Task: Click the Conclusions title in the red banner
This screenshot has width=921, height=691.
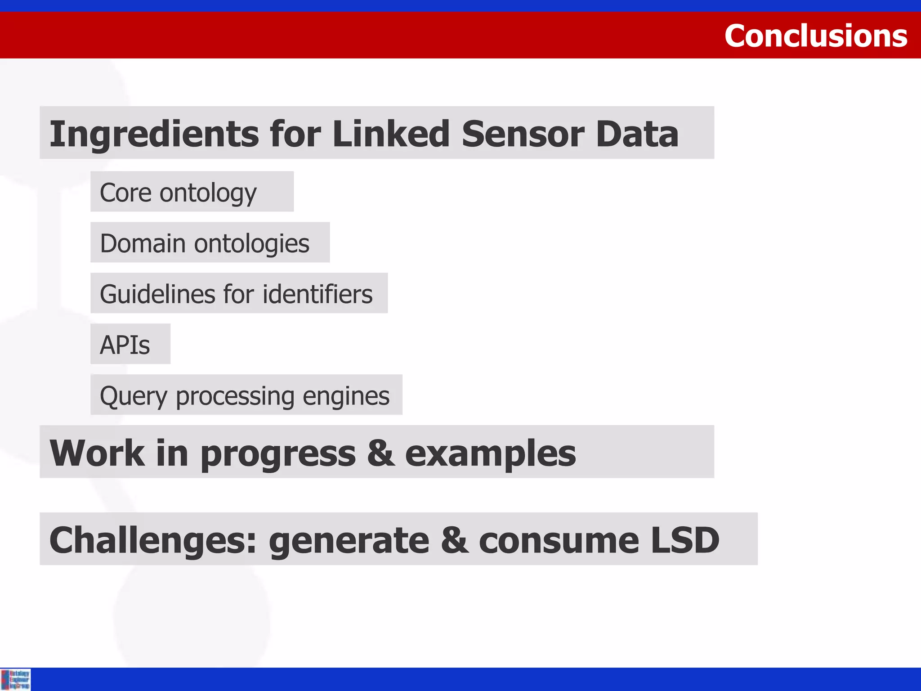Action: [x=815, y=36]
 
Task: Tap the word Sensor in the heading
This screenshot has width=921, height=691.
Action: [x=523, y=134]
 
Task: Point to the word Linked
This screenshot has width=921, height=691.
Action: [x=391, y=134]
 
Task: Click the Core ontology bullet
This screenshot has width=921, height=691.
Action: [x=178, y=193]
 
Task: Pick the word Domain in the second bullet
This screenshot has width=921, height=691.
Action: [x=143, y=243]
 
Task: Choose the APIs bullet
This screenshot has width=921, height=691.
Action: [x=125, y=345]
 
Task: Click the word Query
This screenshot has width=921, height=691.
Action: [x=133, y=396]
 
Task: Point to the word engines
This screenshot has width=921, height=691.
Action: [x=346, y=396]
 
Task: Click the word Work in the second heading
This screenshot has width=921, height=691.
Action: [x=97, y=453]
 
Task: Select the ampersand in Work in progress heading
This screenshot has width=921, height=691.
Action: [x=380, y=453]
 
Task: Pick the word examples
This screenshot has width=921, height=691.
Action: [x=490, y=453]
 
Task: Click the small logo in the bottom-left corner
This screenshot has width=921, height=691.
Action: [x=15, y=679]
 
